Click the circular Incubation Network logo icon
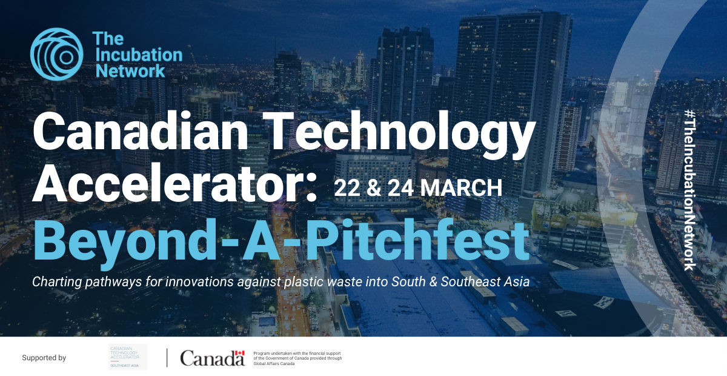tap(56, 54)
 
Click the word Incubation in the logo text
tap(137, 55)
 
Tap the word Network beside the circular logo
tap(128, 70)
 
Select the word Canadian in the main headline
tap(140, 135)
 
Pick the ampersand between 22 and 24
tap(373, 188)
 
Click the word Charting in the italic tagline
tap(56, 282)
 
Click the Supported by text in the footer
tap(44, 358)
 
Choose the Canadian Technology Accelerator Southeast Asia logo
tap(127, 357)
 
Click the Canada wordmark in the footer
tap(211, 358)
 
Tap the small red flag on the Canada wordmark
tap(239, 354)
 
